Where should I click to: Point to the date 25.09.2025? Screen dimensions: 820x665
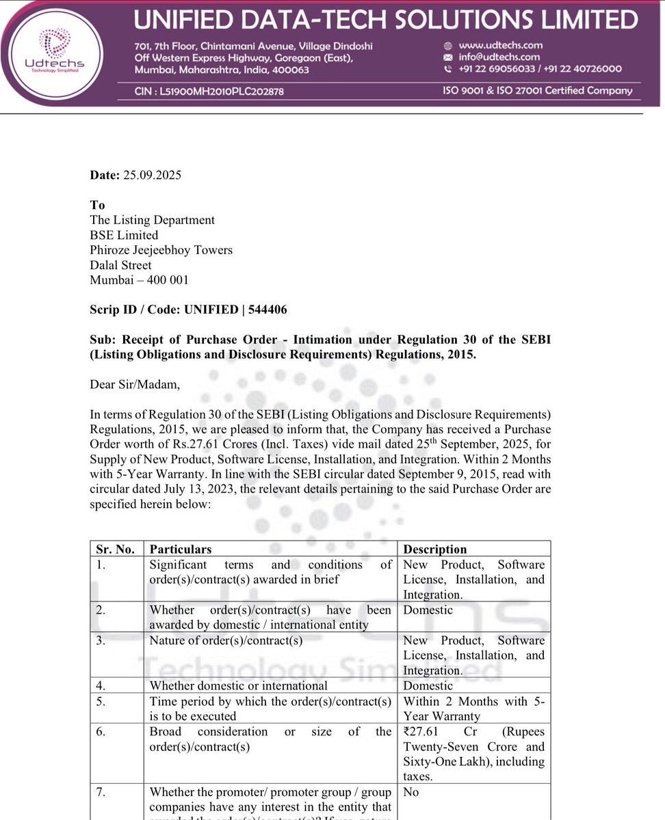click(x=152, y=175)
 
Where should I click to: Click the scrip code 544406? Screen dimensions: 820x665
click(x=268, y=310)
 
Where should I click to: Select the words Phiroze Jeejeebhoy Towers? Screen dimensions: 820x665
click(x=161, y=250)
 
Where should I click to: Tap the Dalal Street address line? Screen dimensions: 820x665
click(x=121, y=265)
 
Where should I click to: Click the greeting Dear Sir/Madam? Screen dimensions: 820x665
click(x=135, y=384)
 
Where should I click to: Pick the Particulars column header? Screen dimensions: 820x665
click(x=181, y=549)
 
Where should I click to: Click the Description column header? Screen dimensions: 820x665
click(x=435, y=549)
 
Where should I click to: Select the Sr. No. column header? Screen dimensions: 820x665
click(x=115, y=549)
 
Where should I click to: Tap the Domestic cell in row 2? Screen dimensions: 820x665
click(x=428, y=610)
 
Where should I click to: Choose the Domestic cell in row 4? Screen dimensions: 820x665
click(x=428, y=685)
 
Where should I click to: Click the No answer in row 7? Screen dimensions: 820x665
click(x=411, y=792)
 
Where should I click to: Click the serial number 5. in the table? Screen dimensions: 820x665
click(x=101, y=701)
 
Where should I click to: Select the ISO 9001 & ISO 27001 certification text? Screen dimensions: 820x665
click(x=538, y=90)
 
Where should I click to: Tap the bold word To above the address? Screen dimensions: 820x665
click(x=97, y=205)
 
